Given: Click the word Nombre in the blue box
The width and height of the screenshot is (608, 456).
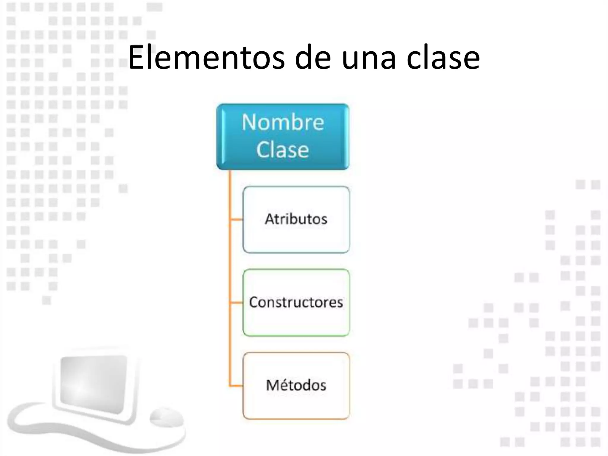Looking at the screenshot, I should [x=283, y=122].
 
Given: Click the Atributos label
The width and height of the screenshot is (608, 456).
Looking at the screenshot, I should [x=296, y=219].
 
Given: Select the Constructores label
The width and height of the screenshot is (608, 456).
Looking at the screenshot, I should [x=296, y=302].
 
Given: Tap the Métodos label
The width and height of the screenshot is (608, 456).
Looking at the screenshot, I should [x=296, y=385].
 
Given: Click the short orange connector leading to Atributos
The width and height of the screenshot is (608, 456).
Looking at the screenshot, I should [x=236, y=220].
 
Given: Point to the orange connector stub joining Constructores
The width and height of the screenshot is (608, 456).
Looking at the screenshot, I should [x=236, y=303].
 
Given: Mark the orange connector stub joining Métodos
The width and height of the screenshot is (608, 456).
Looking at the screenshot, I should [x=236, y=386].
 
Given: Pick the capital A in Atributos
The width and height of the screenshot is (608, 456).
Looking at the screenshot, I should [x=270, y=219].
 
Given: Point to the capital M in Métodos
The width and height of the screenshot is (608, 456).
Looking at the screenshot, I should [x=273, y=385].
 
